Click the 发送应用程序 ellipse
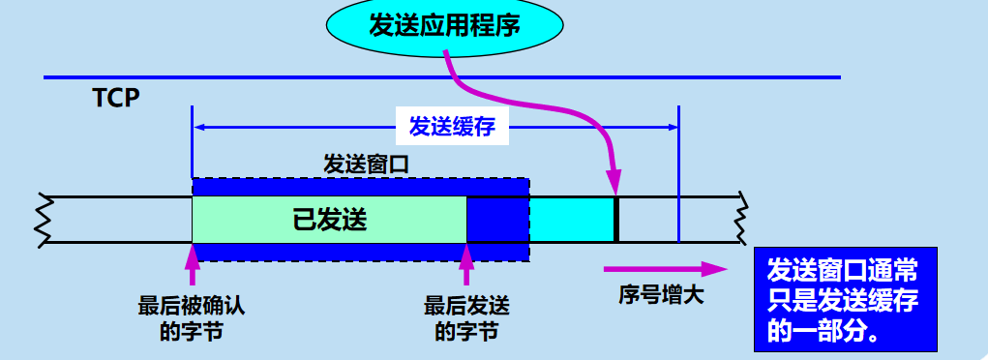[444, 25]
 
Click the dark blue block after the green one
[497, 219]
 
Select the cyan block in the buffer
[571, 219]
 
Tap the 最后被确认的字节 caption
[192, 318]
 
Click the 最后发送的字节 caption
[466, 318]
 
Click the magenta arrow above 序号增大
[664, 269]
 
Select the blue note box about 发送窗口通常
[842, 301]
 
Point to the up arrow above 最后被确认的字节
[192, 264]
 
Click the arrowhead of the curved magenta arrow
[614, 183]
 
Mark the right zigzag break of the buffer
[742, 219]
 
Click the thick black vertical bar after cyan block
[616, 219]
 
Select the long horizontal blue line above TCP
[441, 77]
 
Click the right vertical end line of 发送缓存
[679, 174]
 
